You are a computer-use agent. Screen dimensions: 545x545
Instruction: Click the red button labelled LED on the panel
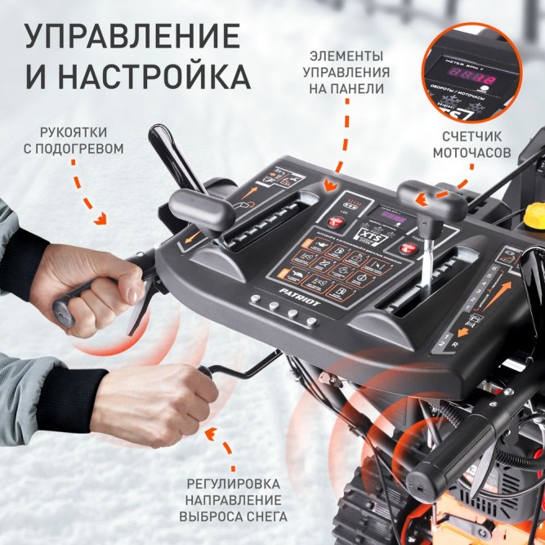336,222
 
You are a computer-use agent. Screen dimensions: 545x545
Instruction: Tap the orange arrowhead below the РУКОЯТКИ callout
102,218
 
